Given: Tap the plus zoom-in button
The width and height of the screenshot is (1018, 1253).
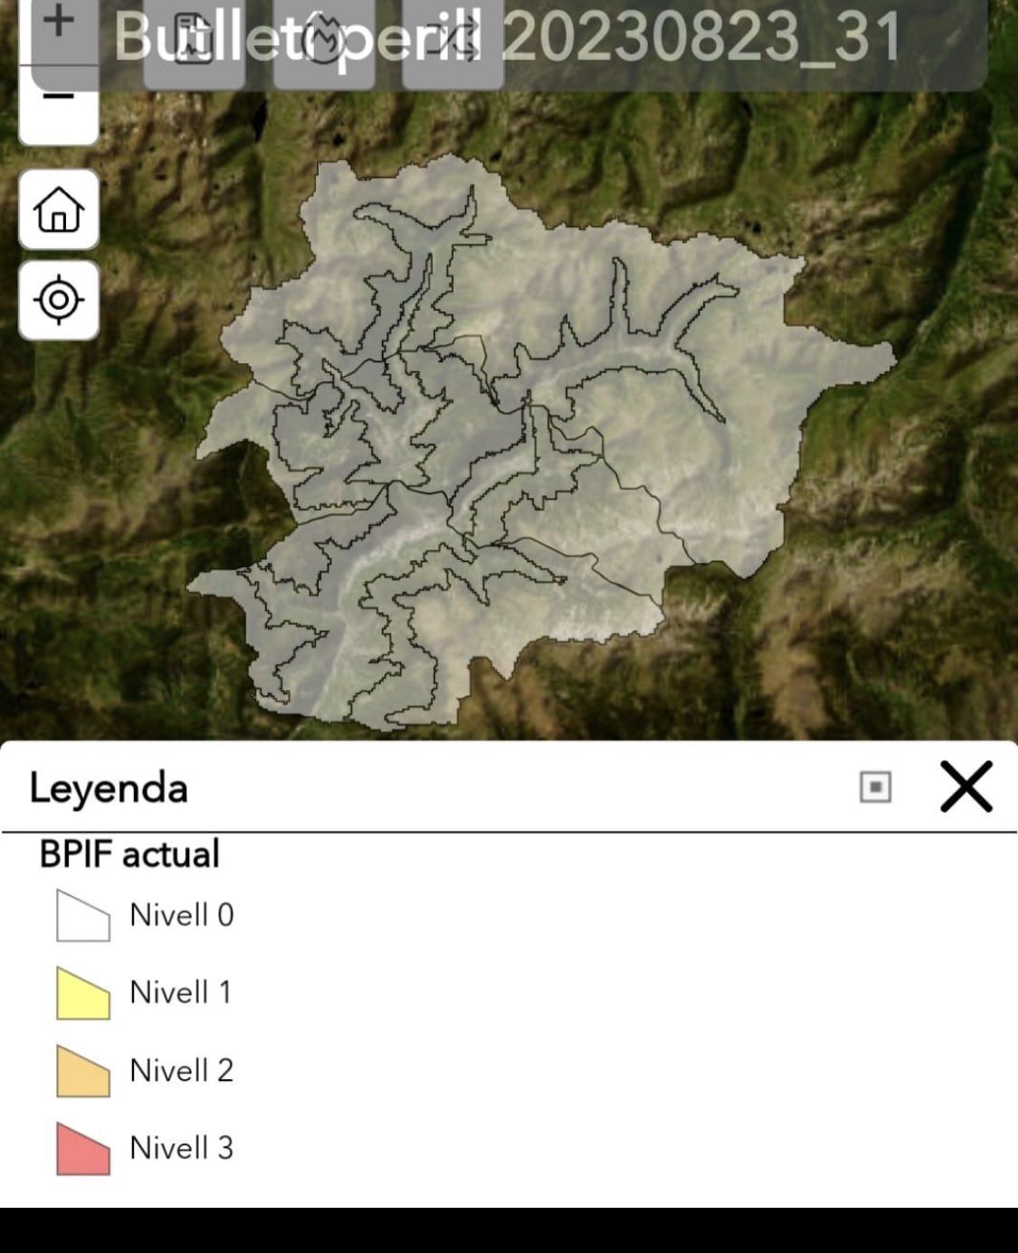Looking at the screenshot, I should coord(59,22).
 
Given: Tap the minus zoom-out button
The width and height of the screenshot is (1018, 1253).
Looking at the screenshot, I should coord(59,98).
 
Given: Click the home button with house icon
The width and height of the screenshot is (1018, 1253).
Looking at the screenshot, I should coord(59,209).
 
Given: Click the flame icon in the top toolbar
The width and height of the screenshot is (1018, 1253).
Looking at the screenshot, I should coord(324,41).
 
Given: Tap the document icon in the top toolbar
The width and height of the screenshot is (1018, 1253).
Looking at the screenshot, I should coord(194,41).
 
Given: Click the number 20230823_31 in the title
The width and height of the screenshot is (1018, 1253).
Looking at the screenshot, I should coord(701,38).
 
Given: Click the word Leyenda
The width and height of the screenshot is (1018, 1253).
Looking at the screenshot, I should coord(109,788).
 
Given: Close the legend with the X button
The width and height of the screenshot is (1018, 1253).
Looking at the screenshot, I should coord(966,786).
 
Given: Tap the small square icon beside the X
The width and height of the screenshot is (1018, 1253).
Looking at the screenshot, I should coord(875,787).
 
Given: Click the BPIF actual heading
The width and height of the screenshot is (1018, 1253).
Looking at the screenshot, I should coord(129,854).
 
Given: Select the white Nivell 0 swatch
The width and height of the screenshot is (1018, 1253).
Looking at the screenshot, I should coord(82,915).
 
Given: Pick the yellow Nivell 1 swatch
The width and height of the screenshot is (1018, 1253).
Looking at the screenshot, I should coord(82,993).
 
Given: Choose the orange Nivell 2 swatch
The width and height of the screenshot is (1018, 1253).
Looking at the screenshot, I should coord(82,1071).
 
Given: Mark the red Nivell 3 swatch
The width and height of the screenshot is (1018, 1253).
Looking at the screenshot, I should coord(82,1149).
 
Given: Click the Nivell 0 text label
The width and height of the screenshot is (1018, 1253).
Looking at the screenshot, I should coord(182,915).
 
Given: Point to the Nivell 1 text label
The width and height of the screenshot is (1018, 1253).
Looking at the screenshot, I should coord(181,992).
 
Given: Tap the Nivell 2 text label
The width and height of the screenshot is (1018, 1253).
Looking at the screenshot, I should coord(182,1070).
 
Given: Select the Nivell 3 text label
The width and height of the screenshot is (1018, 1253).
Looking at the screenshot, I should coord(182,1148).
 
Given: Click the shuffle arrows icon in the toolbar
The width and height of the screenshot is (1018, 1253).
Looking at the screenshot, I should coord(452,41).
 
